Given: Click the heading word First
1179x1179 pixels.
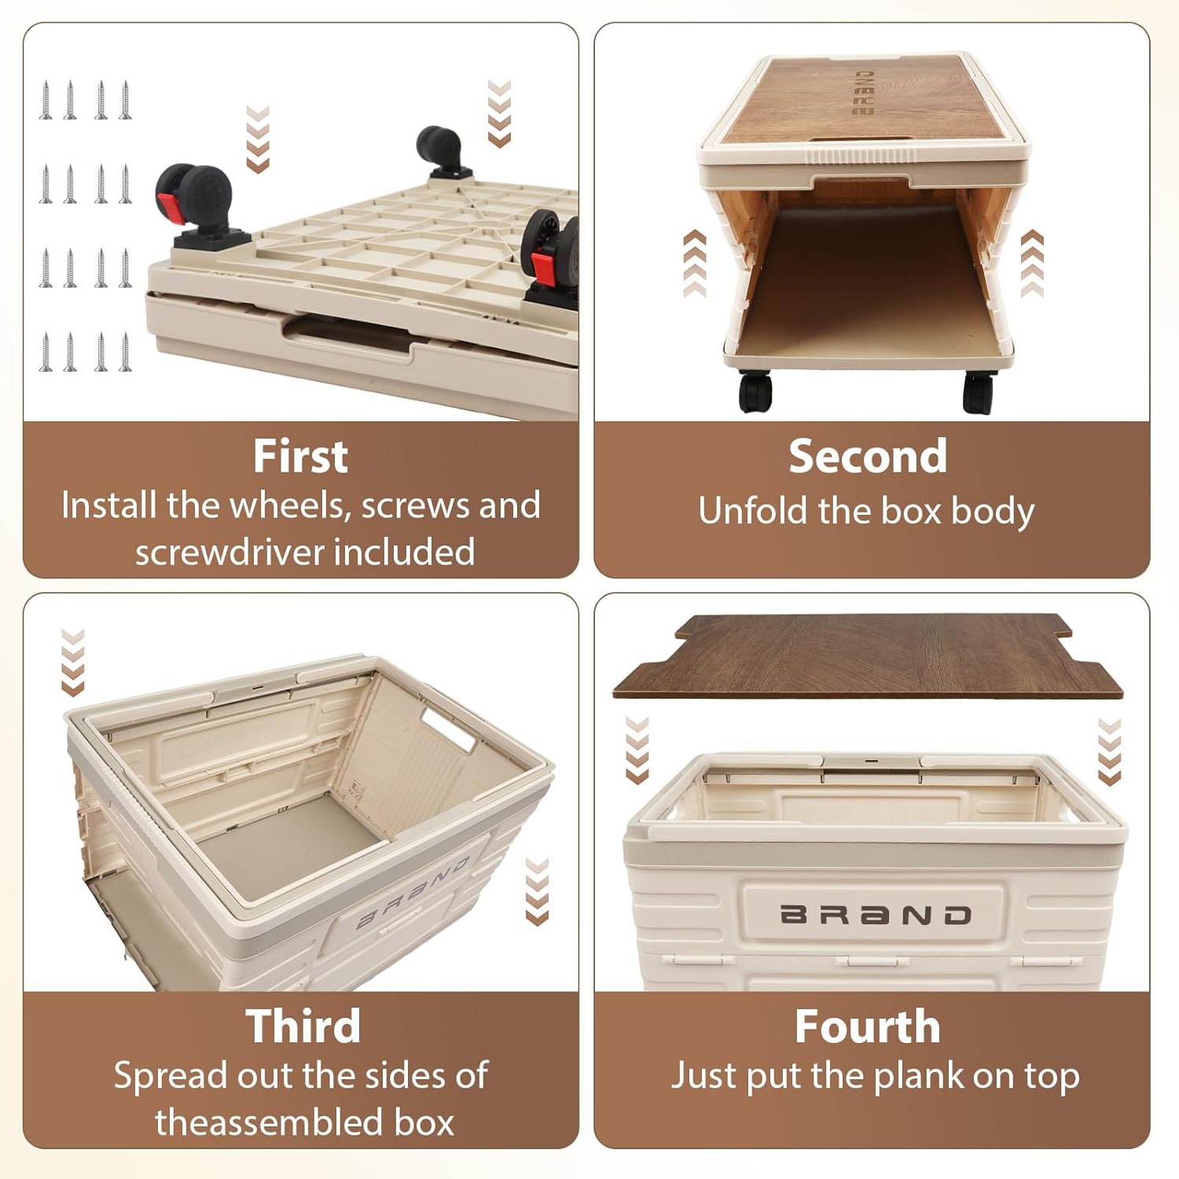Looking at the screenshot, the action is coord(300,457).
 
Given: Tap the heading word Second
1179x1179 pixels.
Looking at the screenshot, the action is coord(868,457).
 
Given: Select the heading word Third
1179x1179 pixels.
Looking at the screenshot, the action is coord(303,1027).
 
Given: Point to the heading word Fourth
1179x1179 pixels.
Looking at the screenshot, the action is coord(867,1027).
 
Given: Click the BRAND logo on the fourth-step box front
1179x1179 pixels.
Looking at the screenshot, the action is coord(876,915).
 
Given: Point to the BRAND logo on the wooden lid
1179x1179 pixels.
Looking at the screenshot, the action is coord(864,93).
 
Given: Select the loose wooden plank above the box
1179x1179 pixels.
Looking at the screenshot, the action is coord(868,657).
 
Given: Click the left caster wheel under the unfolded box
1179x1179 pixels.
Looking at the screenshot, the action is coord(755,390).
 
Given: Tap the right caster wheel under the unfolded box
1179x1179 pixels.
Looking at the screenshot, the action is coord(979,391).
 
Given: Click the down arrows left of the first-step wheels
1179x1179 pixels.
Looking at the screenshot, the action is coord(258,139).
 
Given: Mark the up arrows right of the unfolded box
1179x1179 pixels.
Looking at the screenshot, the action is coord(1032,263).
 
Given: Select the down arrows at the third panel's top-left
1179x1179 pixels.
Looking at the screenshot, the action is coord(72,663).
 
